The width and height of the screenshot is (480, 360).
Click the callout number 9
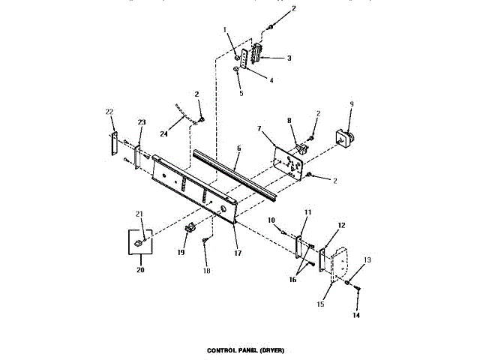pyautogui.click(x=351, y=104)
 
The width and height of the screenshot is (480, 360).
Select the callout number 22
pyautogui.click(x=109, y=112)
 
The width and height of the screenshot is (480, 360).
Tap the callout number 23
pyautogui.click(x=141, y=121)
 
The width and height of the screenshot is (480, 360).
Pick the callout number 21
pyautogui.click(x=139, y=214)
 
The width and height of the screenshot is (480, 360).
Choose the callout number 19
pyautogui.click(x=181, y=253)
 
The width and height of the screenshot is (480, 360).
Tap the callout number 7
pyautogui.click(x=259, y=130)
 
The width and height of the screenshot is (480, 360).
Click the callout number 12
pyautogui.click(x=340, y=225)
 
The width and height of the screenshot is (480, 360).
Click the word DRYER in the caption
pyautogui.click(x=271, y=350)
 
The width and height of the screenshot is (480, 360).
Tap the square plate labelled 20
pyautogui.click(x=139, y=242)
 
